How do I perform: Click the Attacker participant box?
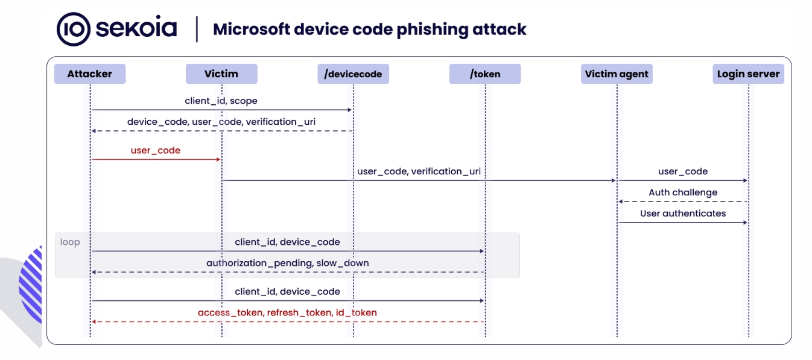point(90,74)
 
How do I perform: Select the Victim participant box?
point(221,74)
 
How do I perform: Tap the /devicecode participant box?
point(353,74)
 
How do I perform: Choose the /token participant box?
point(485,74)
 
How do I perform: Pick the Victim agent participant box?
point(617,74)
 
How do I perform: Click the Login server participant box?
point(748,74)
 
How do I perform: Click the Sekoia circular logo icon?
point(74,30)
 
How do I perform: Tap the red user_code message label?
point(156,150)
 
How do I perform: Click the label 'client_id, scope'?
point(221,101)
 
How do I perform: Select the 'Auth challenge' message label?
point(683,192)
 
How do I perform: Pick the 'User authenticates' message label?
point(683,213)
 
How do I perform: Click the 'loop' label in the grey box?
point(70,242)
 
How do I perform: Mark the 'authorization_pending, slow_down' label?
point(288,263)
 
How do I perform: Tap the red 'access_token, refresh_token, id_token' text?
point(288,312)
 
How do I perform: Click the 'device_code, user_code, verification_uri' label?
point(221,122)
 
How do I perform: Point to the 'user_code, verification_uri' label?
point(419,171)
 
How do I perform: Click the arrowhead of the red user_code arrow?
point(218,159)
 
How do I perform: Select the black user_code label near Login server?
point(683,171)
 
